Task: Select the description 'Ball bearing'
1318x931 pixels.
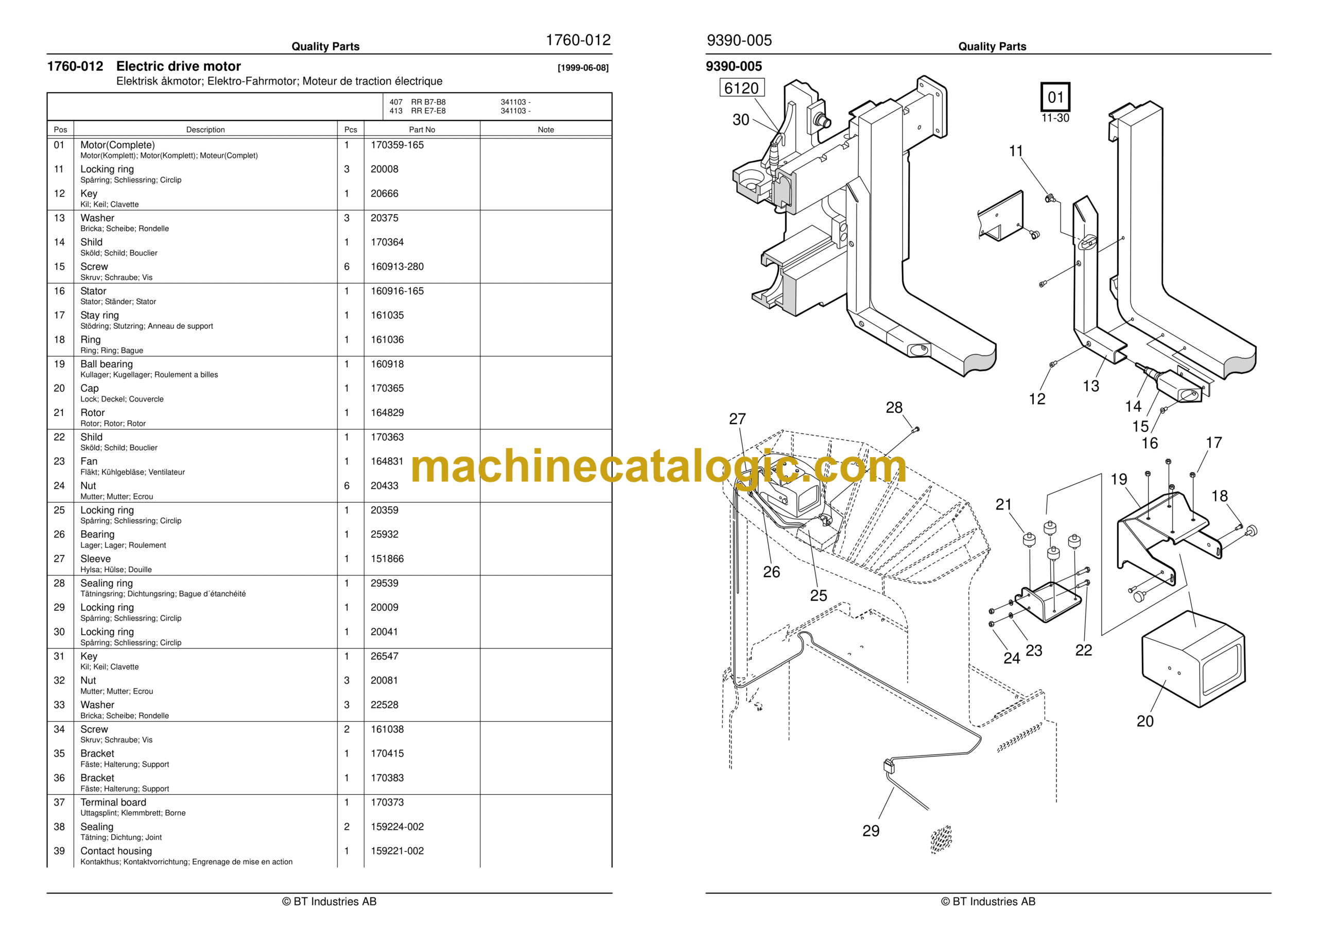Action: coord(106,364)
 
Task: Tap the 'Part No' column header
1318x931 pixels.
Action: coord(422,130)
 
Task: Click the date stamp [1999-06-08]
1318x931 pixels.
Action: coord(583,68)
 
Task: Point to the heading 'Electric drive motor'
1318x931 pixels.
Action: coord(179,66)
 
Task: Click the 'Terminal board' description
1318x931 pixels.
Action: coord(113,802)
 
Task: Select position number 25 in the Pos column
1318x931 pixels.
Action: coord(59,510)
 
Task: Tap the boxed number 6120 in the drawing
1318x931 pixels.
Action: coord(742,89)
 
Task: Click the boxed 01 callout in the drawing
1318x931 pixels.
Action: coord(1055,97)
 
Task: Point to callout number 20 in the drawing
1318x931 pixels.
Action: coord(1145,722)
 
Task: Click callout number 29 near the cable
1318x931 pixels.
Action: coord(871,831)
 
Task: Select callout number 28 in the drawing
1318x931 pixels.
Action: coord(894,408)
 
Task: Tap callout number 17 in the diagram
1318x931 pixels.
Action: coord(1213,443)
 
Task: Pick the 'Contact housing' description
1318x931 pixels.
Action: coord(116,851)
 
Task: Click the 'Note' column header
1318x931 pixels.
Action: coord(546,130)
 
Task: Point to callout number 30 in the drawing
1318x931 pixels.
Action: coord(740,120)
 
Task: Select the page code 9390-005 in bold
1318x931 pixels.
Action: coord(734,66)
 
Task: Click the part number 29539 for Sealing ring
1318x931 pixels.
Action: coord(384,583)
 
